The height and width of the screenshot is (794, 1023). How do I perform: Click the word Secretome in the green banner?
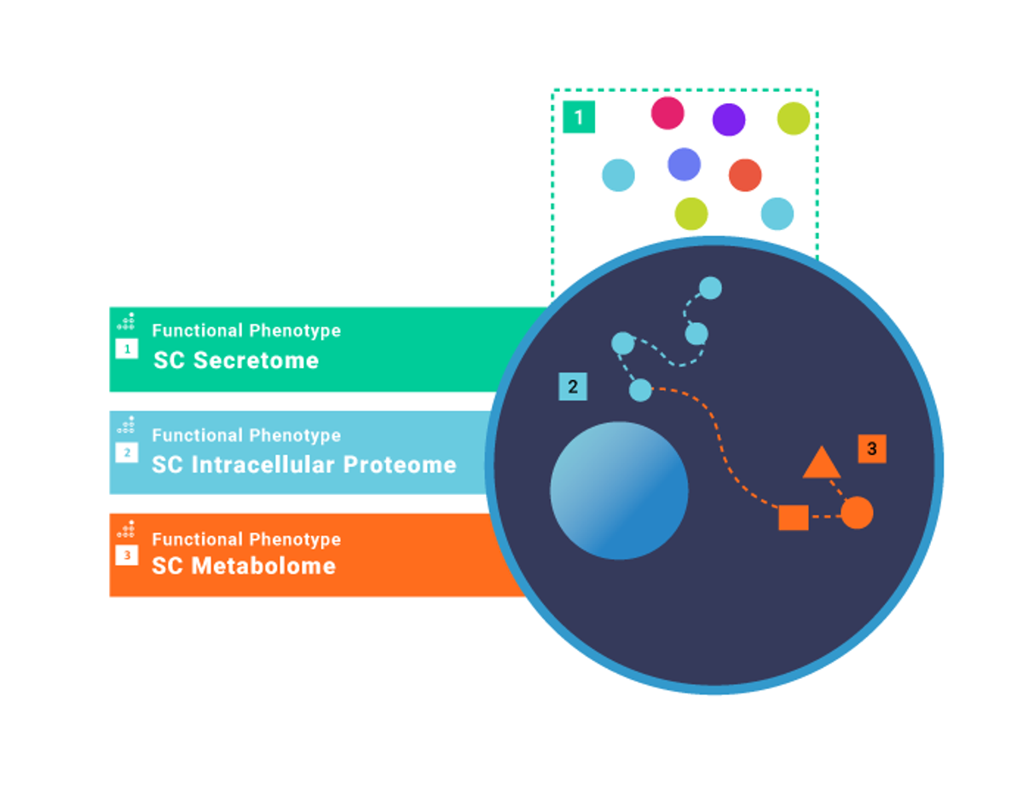coord(256,360)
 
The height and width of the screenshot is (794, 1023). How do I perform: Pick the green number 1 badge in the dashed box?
coord(579,117)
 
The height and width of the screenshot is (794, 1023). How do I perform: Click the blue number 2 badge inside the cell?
coord(573,387)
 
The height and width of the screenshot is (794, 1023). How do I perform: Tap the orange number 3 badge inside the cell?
coord(871,448)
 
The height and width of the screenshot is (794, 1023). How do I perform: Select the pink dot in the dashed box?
coord(668,112)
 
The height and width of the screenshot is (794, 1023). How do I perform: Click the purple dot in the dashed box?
coord(729,119)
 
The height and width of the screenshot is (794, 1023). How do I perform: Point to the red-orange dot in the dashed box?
coord(745,175)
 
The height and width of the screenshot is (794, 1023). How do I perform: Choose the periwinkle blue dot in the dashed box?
coord(684,164)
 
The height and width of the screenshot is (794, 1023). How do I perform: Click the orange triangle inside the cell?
coord(822,463)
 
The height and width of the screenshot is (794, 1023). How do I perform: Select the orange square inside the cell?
coord(794,517)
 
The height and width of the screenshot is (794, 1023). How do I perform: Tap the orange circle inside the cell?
coord(857,513)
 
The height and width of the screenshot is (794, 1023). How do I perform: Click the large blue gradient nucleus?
coord(619,491)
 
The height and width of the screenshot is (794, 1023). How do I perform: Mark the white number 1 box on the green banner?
coord(127,348)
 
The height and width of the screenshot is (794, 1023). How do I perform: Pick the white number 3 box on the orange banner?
coord(127,555)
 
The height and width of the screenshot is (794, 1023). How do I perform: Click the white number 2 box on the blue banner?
coord(127,452)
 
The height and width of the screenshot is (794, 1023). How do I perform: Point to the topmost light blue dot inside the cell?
coord(710,288)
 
